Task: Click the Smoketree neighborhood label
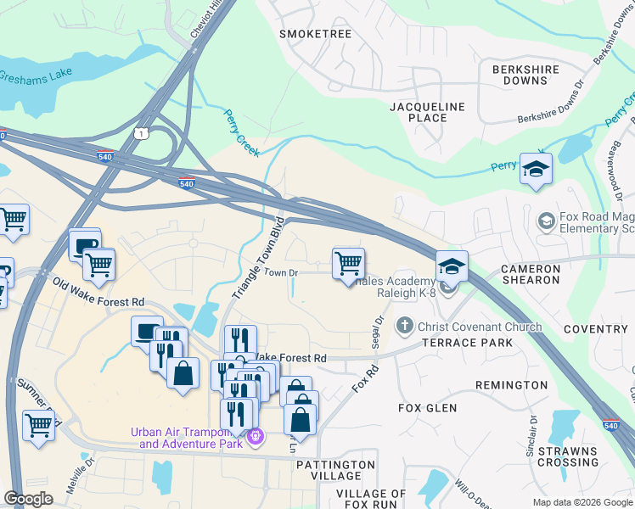[x=315, y=34]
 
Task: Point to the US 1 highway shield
[x=142, y=133]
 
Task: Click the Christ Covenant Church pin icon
[x=405, y=326]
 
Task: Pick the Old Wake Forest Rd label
[x=98, y=292]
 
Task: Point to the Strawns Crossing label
[x=568, y=456]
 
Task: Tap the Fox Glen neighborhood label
[x=427, y=408]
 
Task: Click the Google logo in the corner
[x=28, y=499]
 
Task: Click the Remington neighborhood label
[x=511, y=385]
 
